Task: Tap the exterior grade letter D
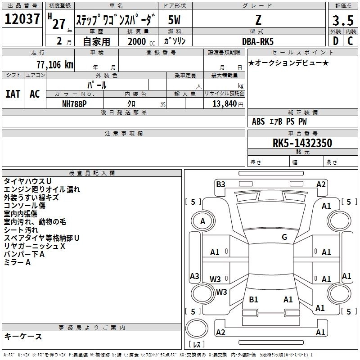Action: point(335,40)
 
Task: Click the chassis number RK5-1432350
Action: point(302,143)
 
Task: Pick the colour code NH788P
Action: point(74,103)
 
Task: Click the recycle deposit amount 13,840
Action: point(223,103)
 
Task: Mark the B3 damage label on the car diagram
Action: point(220,184)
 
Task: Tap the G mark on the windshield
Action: point(284,237)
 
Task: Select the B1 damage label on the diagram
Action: point(253,299)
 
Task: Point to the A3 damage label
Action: point(194,276)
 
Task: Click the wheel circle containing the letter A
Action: point(202,221)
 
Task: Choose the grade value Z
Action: point(258,21)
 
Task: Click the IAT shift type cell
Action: point(13,94)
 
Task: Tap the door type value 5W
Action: point(175,21)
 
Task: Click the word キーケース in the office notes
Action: point(23,336)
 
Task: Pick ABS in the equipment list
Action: point(258,121)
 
